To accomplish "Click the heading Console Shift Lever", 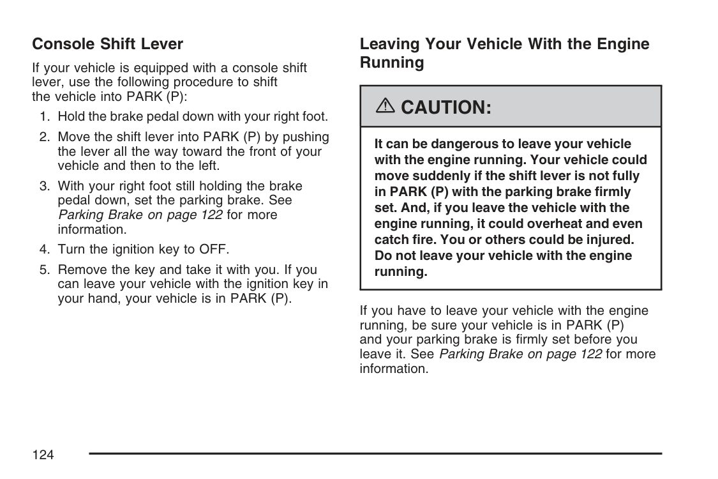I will (x=107, y=44).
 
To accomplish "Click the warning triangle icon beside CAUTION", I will (x=387, y=107).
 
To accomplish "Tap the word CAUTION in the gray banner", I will (x=446, y=107).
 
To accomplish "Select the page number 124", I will (x=43, y=455).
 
